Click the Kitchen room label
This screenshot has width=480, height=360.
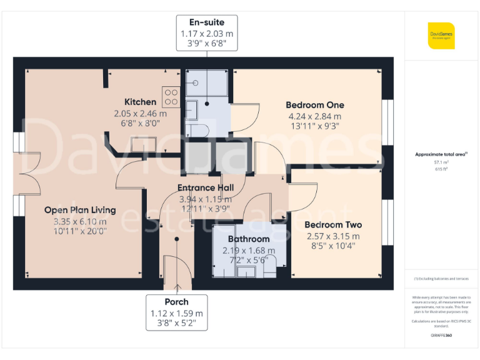click(x=140, y=102)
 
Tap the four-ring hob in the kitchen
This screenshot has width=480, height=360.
click(x=171, y=97)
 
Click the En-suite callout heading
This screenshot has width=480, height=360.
click(x=207, y=22)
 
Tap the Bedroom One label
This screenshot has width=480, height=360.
click(x=314, y=105)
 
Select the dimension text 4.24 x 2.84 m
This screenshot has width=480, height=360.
click(x=314, y=116)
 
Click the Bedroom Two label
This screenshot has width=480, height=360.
click(x=333, y=225)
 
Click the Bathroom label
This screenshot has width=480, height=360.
click(x=249, y=239)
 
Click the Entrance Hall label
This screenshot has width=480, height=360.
click(x=206, y=187)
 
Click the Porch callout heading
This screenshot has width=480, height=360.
click(x=177, y=302)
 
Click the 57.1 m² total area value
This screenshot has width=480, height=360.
click(x=441, y=161)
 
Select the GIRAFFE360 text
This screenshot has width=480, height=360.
click(x=441, y=336)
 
